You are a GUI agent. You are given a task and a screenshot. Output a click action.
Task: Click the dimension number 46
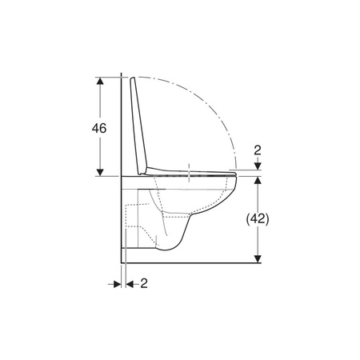[99, 128]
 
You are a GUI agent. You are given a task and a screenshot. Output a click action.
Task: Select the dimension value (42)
[258, 219]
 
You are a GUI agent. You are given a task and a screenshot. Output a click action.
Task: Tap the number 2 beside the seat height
[258, 150]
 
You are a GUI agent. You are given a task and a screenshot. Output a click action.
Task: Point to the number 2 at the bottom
[144, 283]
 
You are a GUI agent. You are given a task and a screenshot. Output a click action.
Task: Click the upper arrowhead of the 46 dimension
[100, 81]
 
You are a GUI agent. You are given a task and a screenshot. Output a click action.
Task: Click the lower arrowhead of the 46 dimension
[100, 172]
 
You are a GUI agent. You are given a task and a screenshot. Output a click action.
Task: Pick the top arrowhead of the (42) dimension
[258, 180]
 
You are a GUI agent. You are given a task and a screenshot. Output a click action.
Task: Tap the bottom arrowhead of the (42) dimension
[258, 258]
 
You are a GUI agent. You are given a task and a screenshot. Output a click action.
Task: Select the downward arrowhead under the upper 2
[258, 166]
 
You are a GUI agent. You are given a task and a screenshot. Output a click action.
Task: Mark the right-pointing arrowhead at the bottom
[118, 284]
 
